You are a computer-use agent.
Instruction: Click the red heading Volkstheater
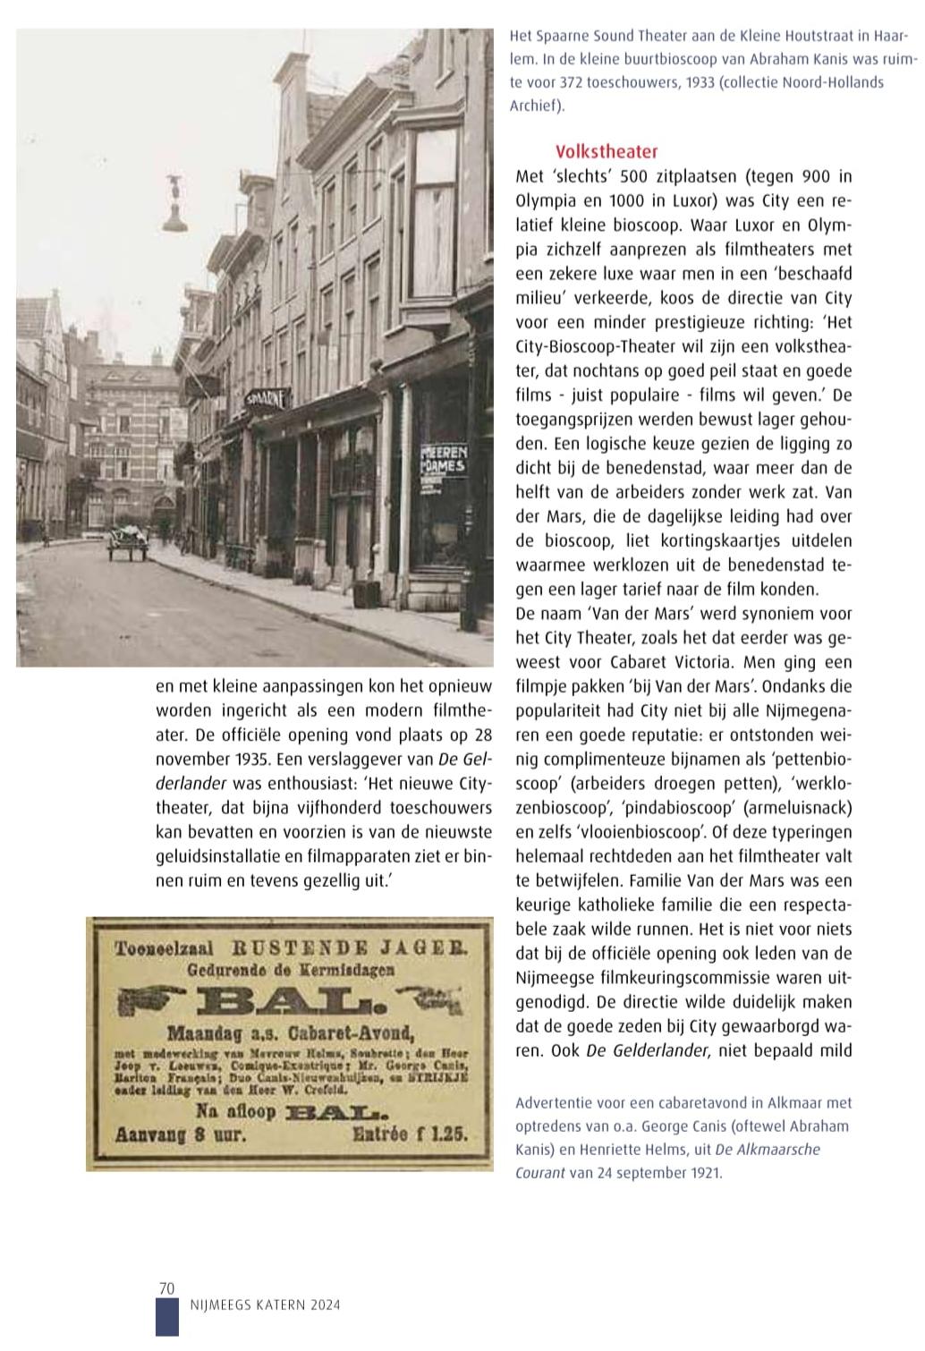click(606, 151)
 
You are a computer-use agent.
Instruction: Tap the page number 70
click(165, 1288)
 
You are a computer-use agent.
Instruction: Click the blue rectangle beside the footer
click(166, 1317)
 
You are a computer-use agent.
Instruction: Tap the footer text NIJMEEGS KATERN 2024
click(266, 1305)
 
